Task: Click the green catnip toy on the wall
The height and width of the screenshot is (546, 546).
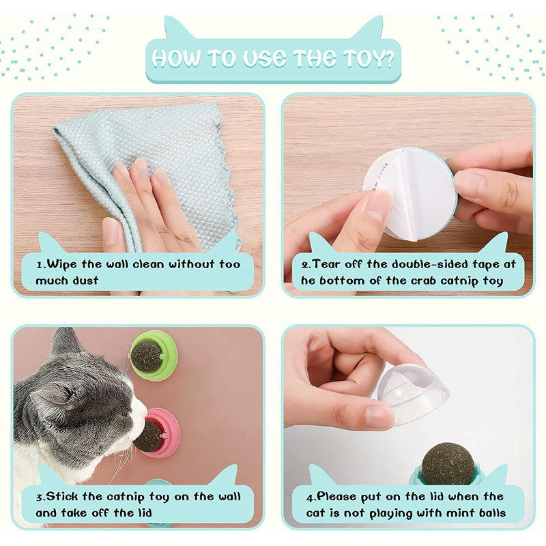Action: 154,354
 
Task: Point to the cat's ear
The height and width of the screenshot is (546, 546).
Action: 65,341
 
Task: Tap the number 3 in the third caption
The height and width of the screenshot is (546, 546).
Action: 40,496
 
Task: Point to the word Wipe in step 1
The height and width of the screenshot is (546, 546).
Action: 63,263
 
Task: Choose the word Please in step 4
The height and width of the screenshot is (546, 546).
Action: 340,496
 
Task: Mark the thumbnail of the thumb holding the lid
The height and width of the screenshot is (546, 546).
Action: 378,417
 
